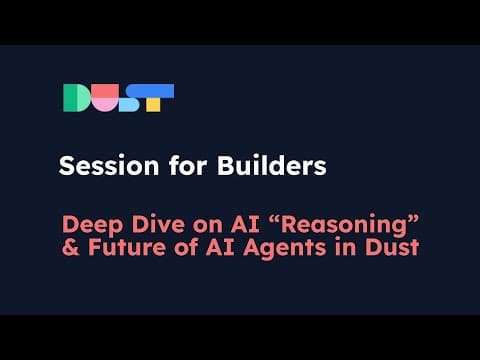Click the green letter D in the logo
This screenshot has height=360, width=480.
point(77,98)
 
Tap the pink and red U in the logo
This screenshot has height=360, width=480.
point(105,98)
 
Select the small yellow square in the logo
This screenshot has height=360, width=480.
point(153,105)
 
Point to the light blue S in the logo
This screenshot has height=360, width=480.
point(129,98)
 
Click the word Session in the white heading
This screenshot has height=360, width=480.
point(109,166)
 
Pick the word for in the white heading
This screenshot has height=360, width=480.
point(188,165)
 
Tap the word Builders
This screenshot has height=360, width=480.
point(272,165)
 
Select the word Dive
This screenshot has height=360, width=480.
point(158,224)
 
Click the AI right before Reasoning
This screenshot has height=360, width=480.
point(245,224)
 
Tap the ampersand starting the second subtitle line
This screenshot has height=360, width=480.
point(71,248)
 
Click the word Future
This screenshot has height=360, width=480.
point(127,248)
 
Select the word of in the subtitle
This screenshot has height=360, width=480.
point(186,247)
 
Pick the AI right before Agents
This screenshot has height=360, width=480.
point(220,248)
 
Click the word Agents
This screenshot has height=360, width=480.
point(285,249)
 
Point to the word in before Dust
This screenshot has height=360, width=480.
point(346,248)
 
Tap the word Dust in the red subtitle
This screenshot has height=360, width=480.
point(392,248)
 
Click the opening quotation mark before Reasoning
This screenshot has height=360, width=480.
point(275,220)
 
